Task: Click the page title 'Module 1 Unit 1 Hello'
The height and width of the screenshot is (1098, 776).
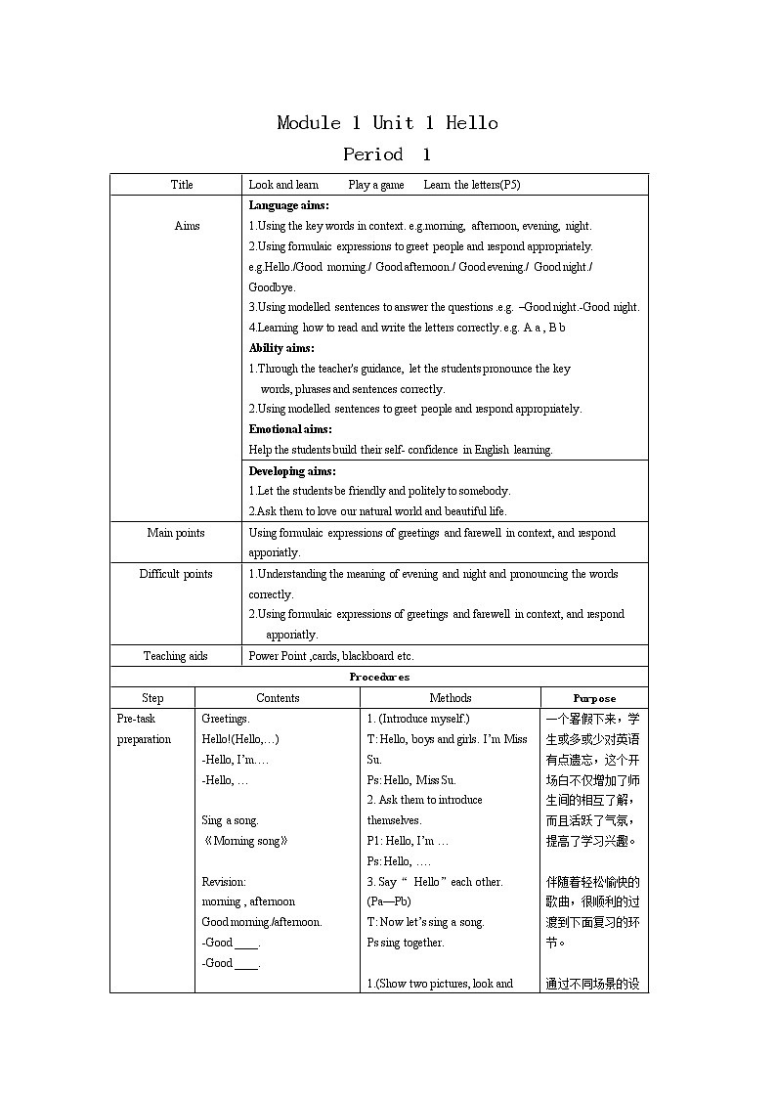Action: (x=387, y=123)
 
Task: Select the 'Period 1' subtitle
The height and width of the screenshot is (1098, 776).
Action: (x=387, y=154)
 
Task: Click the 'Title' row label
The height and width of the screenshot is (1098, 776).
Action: (x=182, y=185)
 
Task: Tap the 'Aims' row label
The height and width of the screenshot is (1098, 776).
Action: (x=187, y=226)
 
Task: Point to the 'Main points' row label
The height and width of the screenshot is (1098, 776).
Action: (x=176, y=533)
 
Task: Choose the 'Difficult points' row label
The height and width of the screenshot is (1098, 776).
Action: (x=176, y=574)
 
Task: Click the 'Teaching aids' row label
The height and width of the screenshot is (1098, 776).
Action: (x=176, y=656)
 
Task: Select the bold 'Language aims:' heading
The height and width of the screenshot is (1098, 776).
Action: (x=288, y=205)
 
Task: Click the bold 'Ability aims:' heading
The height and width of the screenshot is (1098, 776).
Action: (x=281, y=348)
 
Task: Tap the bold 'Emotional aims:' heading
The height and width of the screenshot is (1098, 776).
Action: (x=290, y=429)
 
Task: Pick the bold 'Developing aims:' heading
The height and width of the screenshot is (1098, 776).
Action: (x=292, y=471)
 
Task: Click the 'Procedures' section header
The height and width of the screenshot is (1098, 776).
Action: (x=379, y=677)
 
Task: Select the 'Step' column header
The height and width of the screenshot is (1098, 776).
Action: (x=152, y=698)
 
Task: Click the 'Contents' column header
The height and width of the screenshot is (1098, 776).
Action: (x=278, y=698)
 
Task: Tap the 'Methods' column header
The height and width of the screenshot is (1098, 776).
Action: (x=450, y=698)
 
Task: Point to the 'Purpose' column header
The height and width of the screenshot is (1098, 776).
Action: (x=594, y=698)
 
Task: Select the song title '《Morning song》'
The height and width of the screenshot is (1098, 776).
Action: (x=244, y=841)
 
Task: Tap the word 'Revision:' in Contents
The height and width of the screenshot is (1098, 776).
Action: (x=224, y=882)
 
